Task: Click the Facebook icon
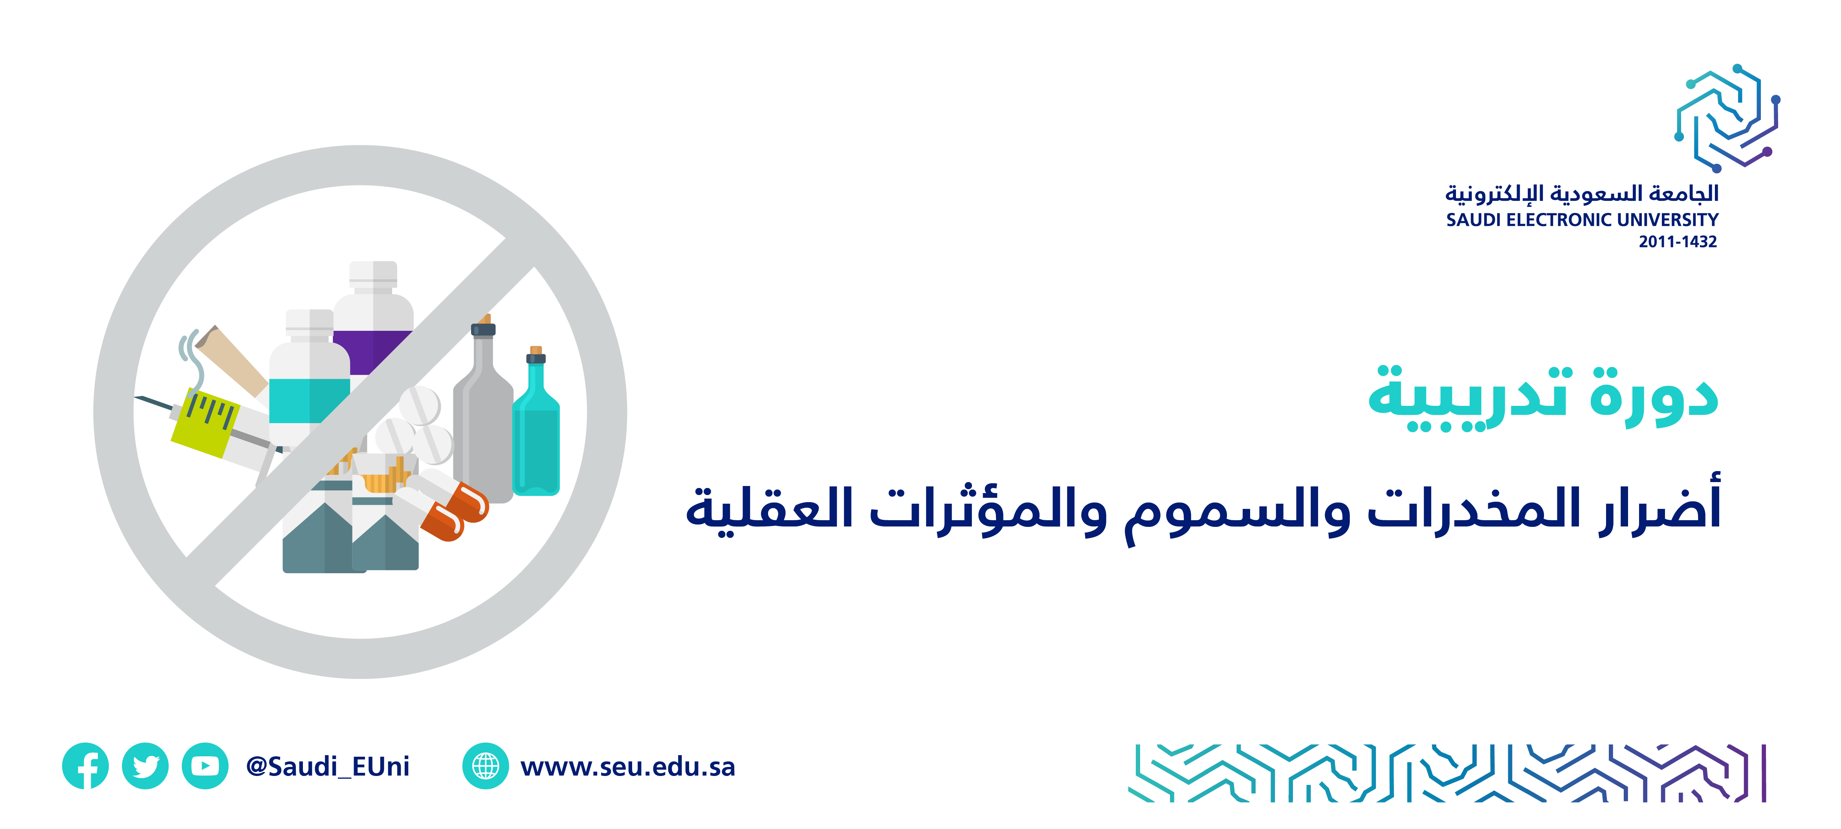pyautogui.click(x=85, y=766)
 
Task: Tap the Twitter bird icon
pyautogui.click(x=145, y=766)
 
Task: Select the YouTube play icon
pyautogui.click(x=205, y=766)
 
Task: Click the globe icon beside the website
pyautogui.click(x=486, y=766)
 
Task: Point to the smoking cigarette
pyautogui.click(x=230, y=361)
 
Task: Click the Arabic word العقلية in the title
pyautogui.click(x=770, y=509)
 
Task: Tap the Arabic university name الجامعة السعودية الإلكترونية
pyautogui.click(x=1582, y=193)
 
